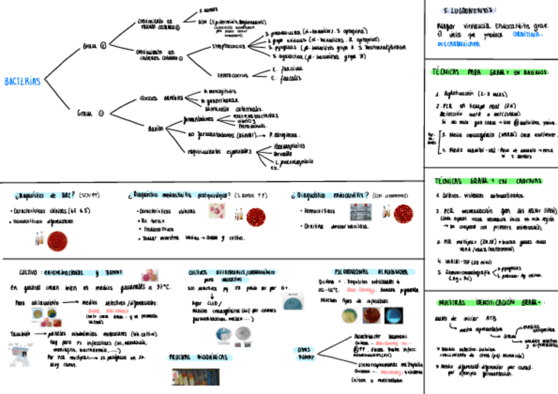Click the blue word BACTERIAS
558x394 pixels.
(x=22, y=82)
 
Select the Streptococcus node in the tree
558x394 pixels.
(x=230, y=47)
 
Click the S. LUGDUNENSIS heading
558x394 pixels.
(x=470, y=11)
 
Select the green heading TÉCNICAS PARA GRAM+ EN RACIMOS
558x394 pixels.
(x=490, y=72)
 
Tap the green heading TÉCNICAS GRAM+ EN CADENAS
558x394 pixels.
(x=488, y=181)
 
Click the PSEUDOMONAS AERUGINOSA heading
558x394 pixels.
(x=365, y=271)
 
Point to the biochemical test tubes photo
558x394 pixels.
(x=197, y=376)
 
